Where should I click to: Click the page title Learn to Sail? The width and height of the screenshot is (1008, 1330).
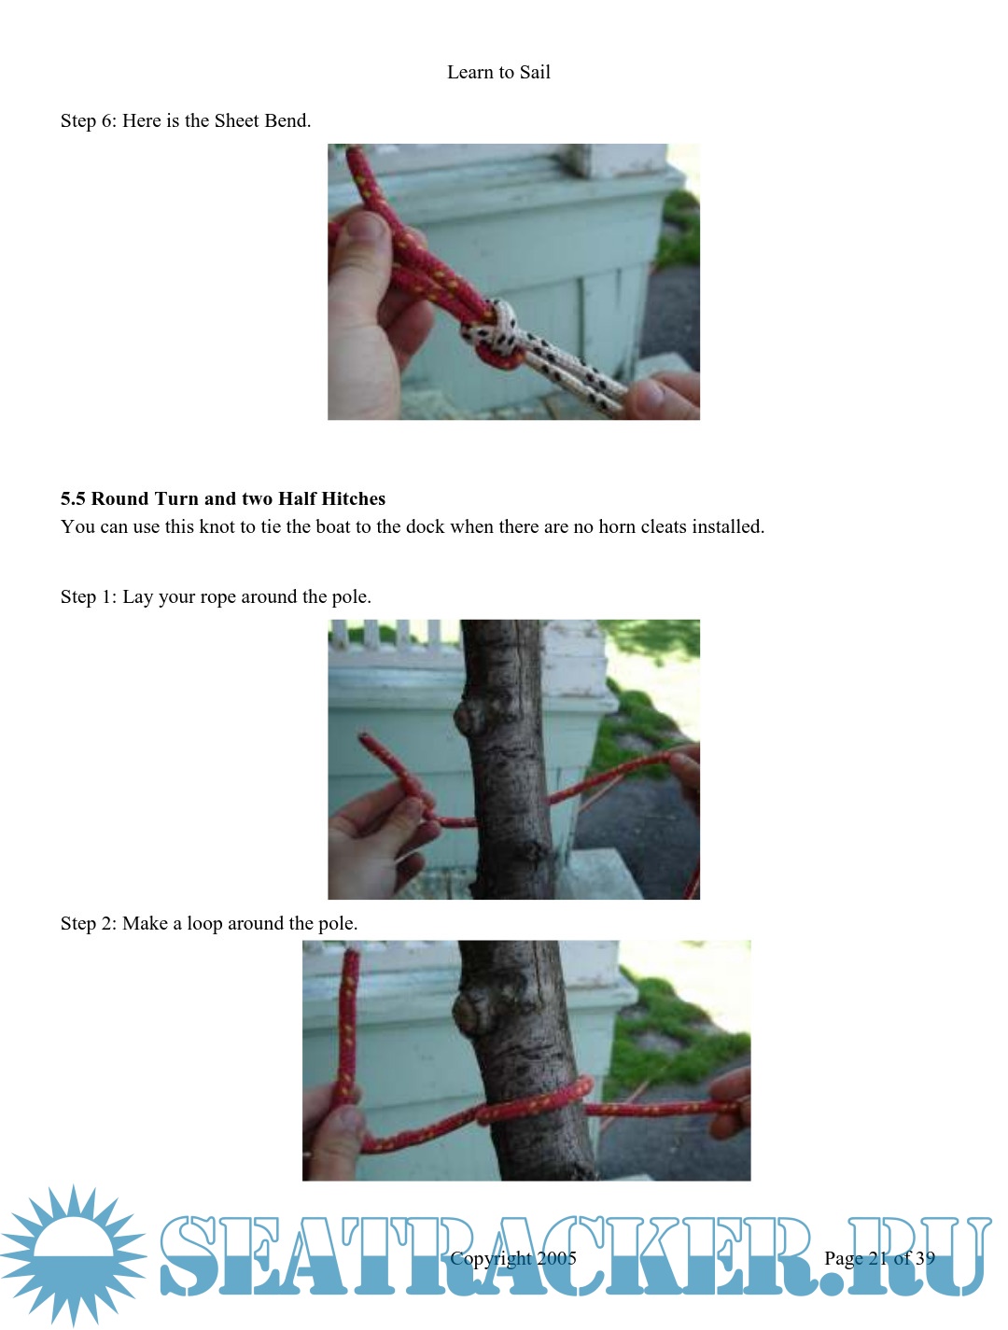(498, 72)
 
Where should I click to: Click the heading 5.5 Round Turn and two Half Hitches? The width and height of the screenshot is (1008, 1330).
(223, 498)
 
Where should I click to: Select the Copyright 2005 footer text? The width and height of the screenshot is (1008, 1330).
(513, 1258)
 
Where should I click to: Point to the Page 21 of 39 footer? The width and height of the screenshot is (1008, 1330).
(879, 1258)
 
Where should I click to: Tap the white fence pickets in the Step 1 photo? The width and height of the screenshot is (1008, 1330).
(386, 634)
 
